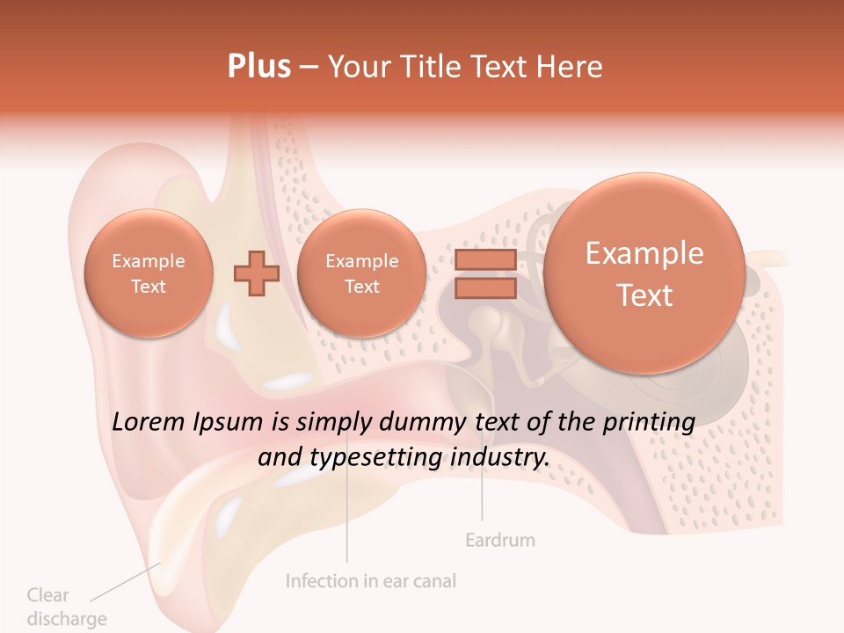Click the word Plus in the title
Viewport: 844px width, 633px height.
tap(258, 67)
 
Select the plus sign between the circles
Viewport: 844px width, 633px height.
tap(256, 273)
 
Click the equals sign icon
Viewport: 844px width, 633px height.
tap(485, 273)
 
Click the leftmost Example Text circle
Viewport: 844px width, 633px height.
tap(149, 273)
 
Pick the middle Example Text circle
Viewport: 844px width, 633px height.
tap(361, 273)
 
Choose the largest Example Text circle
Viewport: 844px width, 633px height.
tap(644, 273)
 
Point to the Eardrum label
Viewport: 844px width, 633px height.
tap(499, 539)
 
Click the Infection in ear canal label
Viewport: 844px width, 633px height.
tap(371, 581)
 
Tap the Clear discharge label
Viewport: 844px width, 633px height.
tap(66, 607)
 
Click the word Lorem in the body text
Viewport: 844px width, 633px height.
tap(148, 422)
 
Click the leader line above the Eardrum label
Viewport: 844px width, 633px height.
tap(482, 492)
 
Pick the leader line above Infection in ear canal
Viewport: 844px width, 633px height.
tap(346, 519)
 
